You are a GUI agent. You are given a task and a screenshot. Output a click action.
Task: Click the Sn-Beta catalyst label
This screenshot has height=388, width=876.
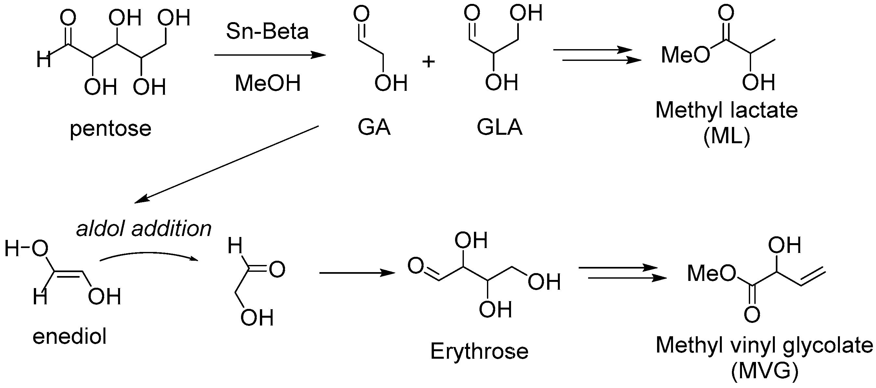click(x=267, y=31)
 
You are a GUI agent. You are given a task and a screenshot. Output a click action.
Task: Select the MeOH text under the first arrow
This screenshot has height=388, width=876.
click(x=268, y=83)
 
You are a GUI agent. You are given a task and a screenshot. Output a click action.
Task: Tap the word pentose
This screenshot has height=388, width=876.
click(x=111, y=129)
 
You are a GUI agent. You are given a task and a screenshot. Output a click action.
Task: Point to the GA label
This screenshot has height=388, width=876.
click(x=374, y=127)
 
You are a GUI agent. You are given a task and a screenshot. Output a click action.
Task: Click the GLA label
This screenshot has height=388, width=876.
click(x=499, y=127)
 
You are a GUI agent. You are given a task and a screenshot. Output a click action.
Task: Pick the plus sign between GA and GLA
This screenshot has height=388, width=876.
click(x=428, y=62)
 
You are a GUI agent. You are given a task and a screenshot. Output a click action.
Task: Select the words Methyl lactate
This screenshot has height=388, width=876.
click(x=726, y=110)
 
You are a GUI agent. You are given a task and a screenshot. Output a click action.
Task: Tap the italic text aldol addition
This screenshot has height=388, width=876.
click(x=143, y=229)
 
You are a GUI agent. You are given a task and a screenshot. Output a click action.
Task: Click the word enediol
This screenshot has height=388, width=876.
click(x=69, y=336)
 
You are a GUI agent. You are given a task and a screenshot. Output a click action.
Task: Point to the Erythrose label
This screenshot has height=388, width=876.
click(x=479, y=351)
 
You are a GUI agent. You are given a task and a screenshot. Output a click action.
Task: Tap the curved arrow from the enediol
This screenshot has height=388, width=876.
click(x=149, y=255)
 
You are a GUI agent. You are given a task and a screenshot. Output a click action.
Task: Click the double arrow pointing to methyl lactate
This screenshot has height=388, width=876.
click(x=597, y=55)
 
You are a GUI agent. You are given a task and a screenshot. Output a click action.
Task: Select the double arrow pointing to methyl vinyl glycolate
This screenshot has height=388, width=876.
click(x=622, y=273)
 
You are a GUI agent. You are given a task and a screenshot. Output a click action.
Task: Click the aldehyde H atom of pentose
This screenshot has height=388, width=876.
click(x=44, y=60)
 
